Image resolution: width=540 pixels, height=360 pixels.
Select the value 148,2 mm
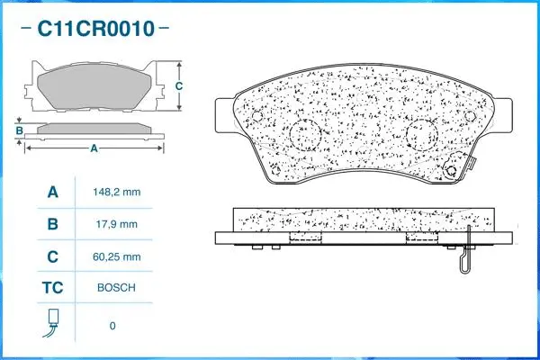pyautogui.click(x=117, y=192)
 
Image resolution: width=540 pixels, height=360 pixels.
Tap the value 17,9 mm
pyautogui.click(x=117, y=224)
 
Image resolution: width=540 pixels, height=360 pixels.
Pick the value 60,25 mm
pyautogui.click(x=117, y=256)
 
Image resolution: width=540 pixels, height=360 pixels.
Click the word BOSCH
pyautogui.click(x=117, y=288)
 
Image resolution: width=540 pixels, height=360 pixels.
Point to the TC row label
pyautogui.click(x=52, y=288)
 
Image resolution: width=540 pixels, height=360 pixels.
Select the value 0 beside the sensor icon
pyautogui.click(x=112, y=325)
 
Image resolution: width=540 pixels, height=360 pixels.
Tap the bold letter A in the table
pyautogui.click(x=52, y=192)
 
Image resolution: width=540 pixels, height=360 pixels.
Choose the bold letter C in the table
pyautogui.click(x=52, y=256)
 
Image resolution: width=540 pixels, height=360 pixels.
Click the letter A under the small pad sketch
pyautogui.click(x=93, y=149)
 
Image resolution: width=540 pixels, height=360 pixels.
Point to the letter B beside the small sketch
pyautogui.click(x=18, y=131)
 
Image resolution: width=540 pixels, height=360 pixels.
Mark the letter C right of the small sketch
pyautogui.click(x=178, y=86)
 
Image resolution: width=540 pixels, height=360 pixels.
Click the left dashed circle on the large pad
pyautogui.click(x=306, y=137)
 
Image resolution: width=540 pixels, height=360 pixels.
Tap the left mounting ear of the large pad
pyautogui.click(x=226, y=117)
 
